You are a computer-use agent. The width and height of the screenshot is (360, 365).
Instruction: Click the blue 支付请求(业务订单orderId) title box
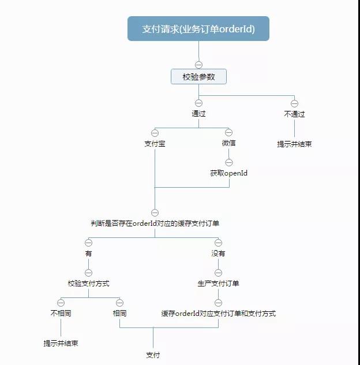198,29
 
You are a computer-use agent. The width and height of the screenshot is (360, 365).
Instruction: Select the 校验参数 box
198,76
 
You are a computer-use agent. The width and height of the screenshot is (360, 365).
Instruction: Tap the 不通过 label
294,114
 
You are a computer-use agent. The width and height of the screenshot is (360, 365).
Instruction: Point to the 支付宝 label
155,143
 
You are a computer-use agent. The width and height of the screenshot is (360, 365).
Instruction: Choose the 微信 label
228,143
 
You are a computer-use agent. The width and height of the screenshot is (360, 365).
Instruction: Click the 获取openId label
228,173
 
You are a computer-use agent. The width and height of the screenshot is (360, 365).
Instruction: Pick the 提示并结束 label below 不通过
294,144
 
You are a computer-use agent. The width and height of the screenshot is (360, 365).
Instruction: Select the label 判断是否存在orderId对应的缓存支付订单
155,224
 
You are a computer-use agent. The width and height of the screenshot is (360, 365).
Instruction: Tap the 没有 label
218,253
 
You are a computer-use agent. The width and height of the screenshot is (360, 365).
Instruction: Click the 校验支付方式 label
88,283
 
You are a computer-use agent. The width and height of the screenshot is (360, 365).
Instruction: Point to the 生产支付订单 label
218,283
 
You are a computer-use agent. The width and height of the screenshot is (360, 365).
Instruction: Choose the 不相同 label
61,313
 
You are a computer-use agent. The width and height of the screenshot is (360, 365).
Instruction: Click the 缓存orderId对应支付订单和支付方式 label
218,313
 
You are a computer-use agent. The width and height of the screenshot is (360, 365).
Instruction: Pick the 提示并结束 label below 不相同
61,343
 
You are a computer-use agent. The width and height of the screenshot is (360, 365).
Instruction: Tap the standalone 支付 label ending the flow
153,354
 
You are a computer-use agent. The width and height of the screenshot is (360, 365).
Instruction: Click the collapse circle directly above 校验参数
198,65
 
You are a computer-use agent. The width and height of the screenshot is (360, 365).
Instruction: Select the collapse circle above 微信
228,133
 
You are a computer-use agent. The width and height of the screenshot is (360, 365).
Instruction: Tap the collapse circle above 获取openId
228,162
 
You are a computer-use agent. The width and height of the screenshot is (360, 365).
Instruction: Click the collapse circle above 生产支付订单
218,273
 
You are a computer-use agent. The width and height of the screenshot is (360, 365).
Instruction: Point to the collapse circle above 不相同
61,303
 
